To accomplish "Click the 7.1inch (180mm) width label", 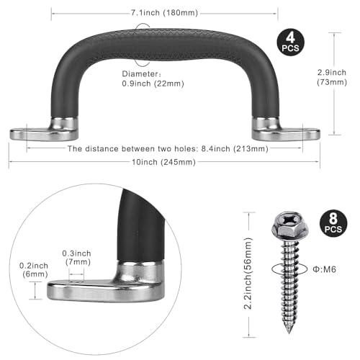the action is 164,13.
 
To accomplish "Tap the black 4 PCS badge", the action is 290,42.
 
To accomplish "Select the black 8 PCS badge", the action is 333,224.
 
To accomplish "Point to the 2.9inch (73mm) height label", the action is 332,77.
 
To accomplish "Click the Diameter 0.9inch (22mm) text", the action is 153,78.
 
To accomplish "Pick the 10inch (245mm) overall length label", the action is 164,162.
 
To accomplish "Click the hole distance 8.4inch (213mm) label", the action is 168,149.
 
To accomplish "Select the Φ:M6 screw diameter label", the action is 324,269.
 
